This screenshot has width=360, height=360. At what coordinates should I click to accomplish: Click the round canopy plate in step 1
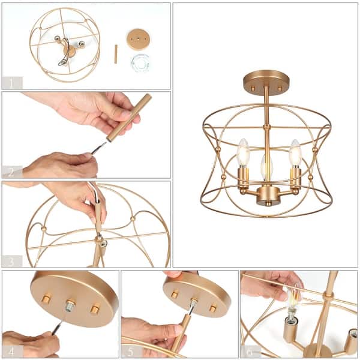tap(139, 39)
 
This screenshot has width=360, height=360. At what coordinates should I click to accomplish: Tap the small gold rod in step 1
tap(116, 54)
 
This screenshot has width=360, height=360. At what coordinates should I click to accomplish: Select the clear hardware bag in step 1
tap(140, 62)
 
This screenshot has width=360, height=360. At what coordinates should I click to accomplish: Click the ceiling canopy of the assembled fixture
tap(266, 79)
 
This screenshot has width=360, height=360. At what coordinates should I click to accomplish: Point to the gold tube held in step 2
tap(128, 118)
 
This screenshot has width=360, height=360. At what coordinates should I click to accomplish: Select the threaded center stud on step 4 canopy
tap(71, 305)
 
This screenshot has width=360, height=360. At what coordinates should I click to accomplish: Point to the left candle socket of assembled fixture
tap(243, 179)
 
